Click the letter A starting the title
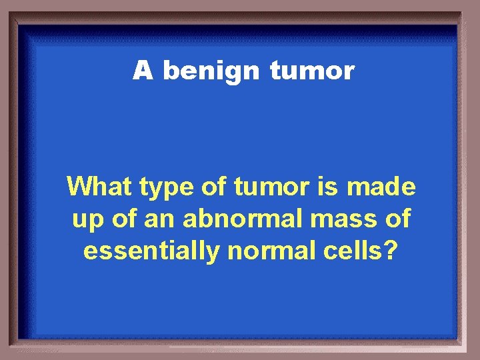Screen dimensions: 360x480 [x=143, y=70]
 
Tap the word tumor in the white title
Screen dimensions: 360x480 [x=312, y=70]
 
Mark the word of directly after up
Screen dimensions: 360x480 [x=120, y=218]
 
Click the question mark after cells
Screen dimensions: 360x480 [x=391, y=251]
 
